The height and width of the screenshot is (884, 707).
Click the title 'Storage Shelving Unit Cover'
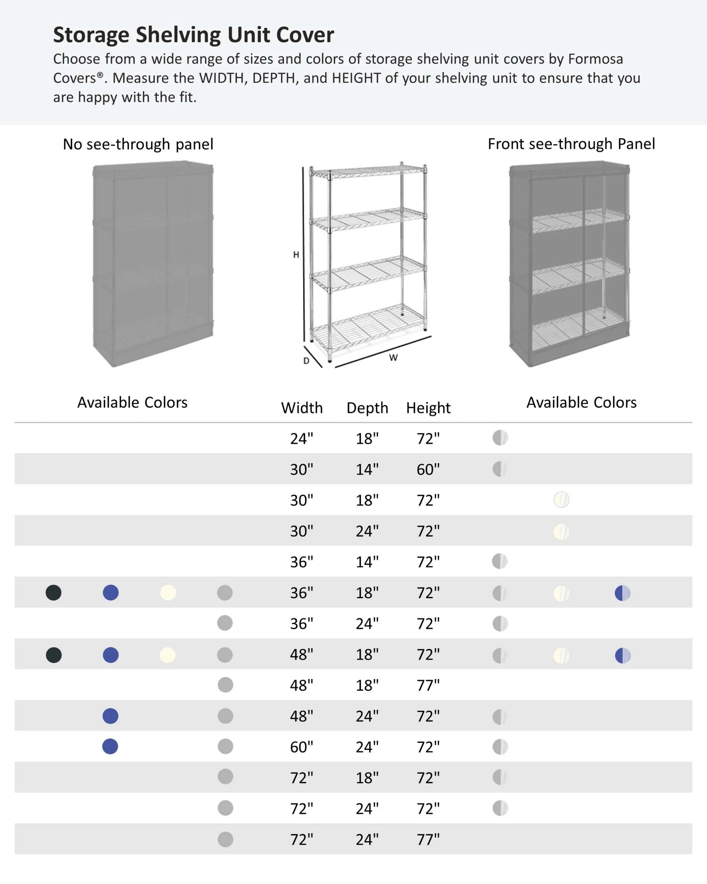(193, 35)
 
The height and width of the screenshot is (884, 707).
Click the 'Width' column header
(302, 408)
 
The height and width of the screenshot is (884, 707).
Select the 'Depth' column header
(367, 408)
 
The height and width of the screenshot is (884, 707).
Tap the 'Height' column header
(428, 408)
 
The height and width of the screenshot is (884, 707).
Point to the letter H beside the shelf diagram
(296, 254)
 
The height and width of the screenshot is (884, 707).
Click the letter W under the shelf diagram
(393, 357)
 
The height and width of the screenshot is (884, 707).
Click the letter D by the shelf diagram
(306, 361)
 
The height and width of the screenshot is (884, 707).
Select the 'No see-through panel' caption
(138, 144)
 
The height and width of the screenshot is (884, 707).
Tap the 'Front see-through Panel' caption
(571, 144)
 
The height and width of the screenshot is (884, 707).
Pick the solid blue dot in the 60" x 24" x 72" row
(110, 746)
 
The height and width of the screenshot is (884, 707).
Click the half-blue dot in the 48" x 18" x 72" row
(622, 655)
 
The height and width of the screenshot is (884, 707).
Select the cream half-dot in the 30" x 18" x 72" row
(561, 499)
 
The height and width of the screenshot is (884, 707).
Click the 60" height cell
(428, 469)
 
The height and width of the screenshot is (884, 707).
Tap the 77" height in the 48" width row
(428, 685)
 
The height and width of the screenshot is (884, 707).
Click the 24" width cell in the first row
(302, 438)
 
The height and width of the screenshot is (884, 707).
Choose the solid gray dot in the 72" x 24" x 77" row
(225, 839)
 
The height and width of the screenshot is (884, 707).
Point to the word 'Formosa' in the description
(595, 59)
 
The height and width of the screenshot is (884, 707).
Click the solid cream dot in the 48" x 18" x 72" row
(168, 655)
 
